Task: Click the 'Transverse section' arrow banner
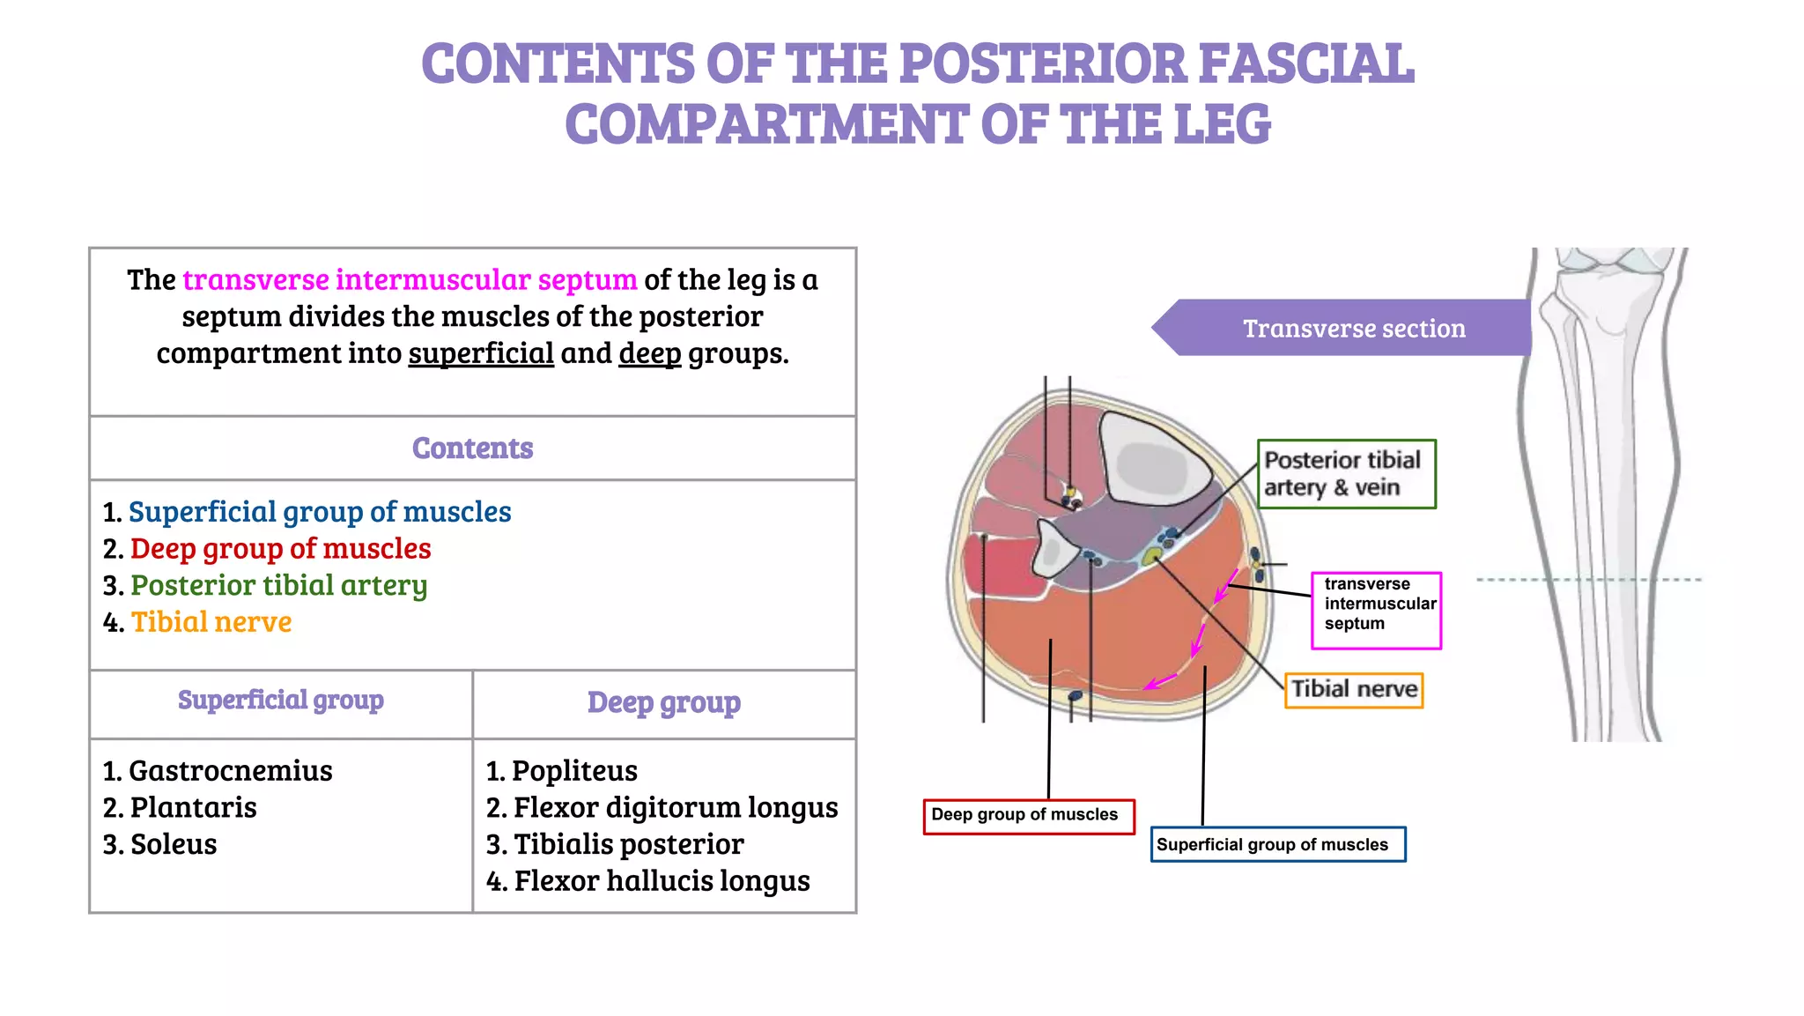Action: [x=1353, y=329]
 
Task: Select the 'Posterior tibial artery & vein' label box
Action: [x=1346, y=474]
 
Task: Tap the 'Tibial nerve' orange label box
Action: [x=1354, y=689]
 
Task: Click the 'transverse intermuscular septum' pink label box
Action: [x=1376, y=610]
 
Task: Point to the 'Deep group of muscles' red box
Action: [x=1028, y=816]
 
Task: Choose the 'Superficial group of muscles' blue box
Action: [x=1277, y=844]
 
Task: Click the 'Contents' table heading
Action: [x=472, y=449]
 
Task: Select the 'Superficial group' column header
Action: [x=280, y=701]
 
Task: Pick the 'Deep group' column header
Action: [x=663, y=703]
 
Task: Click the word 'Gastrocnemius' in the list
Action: [x=231, y=771]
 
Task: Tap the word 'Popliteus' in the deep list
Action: [x=574, y=771]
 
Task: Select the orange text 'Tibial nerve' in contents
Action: [x=211, y=622]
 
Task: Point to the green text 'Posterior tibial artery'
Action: [x=278, y=586]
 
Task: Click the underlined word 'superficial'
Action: [x=481, y=353]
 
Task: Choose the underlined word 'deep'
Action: [x=650, y=353]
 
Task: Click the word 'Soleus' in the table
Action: [x=174, y=844]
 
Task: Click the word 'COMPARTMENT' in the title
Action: [x=765, y=124]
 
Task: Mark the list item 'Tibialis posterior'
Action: [x=628, y=844]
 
